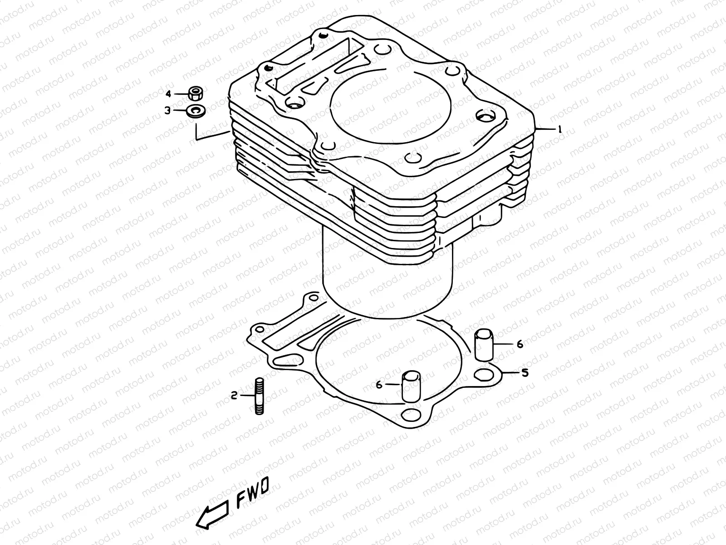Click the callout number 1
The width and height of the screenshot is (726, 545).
pyautogui.click(x=560, y=129)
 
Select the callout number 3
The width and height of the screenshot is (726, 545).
pyautogui.click(x=167, y=110)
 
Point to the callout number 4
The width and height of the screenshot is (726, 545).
pyautogui.click(x=168, y=94)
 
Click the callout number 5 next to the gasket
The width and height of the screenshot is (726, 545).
pyautogui.click(x=525, y=373)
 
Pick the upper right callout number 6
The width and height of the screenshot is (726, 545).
pyautogui.click(x=520, y=344)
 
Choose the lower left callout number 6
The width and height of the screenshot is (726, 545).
pyautogui.click(x=379, y=385)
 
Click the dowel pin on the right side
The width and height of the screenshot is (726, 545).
pyautogui.click(x=483, y=346)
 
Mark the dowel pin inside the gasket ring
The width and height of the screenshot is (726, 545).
pyautogui.click(x=411, y=386)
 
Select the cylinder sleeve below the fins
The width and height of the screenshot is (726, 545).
pyautogui.click(x=386, y=282)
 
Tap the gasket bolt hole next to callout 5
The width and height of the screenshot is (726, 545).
pyautogui.click(x=484, y=374)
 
